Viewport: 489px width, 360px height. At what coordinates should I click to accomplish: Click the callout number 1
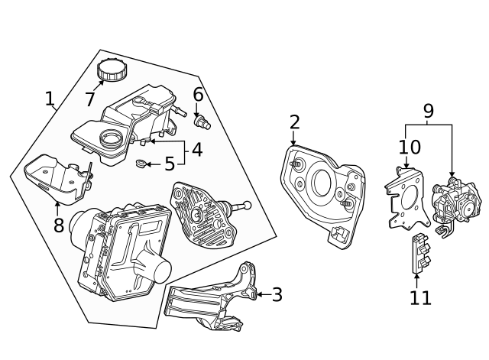pos(50,99)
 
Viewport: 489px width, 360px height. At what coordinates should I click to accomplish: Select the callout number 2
pos(294,122)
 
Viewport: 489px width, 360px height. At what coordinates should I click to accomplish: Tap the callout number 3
pos(277,294)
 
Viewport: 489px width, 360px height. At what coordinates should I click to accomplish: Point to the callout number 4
pos(196,149)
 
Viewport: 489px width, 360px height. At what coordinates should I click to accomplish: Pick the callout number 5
pos(170,164)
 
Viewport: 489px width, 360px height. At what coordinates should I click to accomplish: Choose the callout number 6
pos(198,95)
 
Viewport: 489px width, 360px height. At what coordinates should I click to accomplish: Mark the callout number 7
pos(89,99)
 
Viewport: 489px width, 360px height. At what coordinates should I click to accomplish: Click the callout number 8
pos(58,225)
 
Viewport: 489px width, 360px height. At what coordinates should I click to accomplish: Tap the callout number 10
pos(410,146)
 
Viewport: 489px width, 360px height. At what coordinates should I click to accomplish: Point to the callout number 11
pos(420,297)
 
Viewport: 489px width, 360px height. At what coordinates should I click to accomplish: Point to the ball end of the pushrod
pos(246,205)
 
